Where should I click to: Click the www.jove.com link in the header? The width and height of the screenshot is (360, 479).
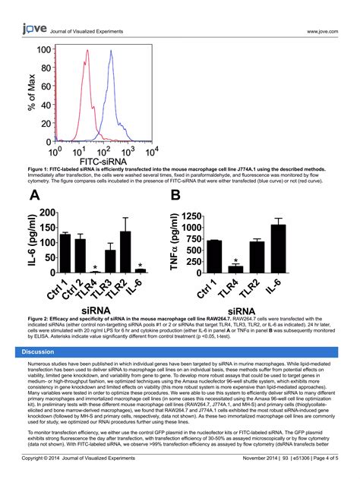(322, 31)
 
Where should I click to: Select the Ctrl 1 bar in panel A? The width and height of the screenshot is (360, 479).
(65, 254)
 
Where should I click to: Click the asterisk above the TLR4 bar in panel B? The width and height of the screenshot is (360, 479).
(236, 260)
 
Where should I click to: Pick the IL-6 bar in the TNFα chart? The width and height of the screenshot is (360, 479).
(278, 249)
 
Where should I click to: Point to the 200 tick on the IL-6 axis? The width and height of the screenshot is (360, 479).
(46, 213)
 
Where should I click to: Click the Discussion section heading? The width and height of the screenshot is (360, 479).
(37, 352)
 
